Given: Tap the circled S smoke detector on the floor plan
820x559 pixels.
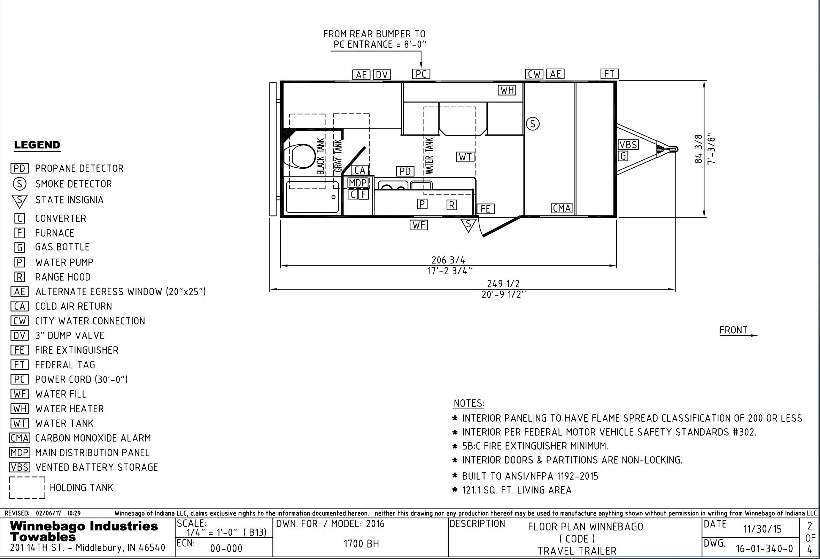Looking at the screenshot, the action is [x=533, y=124].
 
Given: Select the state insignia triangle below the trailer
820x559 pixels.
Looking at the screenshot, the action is [x=469, y=225].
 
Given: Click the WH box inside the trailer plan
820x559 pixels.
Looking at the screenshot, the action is [x=507, y=90].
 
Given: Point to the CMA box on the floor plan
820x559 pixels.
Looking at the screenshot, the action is [x=562, y=208].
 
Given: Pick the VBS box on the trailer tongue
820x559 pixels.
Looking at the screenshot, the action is [x=628, y=145].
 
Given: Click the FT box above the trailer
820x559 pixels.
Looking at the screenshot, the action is [x=609, y=74].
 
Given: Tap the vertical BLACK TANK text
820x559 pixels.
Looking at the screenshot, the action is [x=320, y=156].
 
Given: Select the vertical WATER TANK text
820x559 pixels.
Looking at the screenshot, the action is [x=429, y=156].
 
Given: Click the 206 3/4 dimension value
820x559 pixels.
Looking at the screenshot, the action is [x=448, y=260].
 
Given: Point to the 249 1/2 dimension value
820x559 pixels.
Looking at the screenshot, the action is [x=503, y=284].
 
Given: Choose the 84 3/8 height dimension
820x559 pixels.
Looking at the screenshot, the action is [x=698, y=148].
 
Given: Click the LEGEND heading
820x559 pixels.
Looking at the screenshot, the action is [x=37, y=145].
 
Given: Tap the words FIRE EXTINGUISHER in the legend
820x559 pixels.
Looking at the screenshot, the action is [x=77, y=350].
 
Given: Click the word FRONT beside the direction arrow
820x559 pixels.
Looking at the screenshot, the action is [x=734, y=330].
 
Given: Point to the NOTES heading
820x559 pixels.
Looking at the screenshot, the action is [x=469, y=403].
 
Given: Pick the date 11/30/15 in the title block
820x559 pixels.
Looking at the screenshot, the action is [x=763, y=529].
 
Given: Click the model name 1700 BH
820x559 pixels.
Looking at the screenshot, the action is [x=361, y=544].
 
